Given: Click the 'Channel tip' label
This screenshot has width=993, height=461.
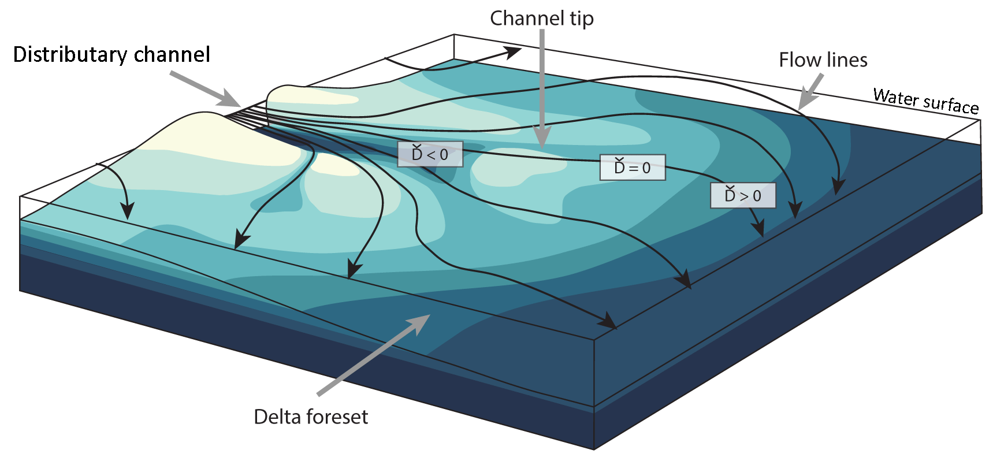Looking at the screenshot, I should tap(541, 18).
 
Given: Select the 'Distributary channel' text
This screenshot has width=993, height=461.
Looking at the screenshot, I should tap(111, 54).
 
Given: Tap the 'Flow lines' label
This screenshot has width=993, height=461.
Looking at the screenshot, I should tap(823, 60).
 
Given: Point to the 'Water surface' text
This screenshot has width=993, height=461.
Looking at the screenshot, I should tap(925, 101).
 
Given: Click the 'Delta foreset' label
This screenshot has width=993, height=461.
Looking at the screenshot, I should tap(311, 417).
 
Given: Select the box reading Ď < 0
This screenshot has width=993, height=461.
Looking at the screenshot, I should tap(430, 154).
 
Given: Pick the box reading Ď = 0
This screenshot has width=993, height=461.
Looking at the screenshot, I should tap(632, 168).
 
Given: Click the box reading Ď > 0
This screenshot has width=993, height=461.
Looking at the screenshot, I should tap(742, 196).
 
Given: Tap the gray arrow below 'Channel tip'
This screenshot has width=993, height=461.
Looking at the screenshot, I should tap(542, 87).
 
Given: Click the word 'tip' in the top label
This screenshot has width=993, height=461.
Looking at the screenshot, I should tap(581, 18).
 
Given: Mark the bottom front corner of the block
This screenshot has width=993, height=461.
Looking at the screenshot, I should tap(594, 448).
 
